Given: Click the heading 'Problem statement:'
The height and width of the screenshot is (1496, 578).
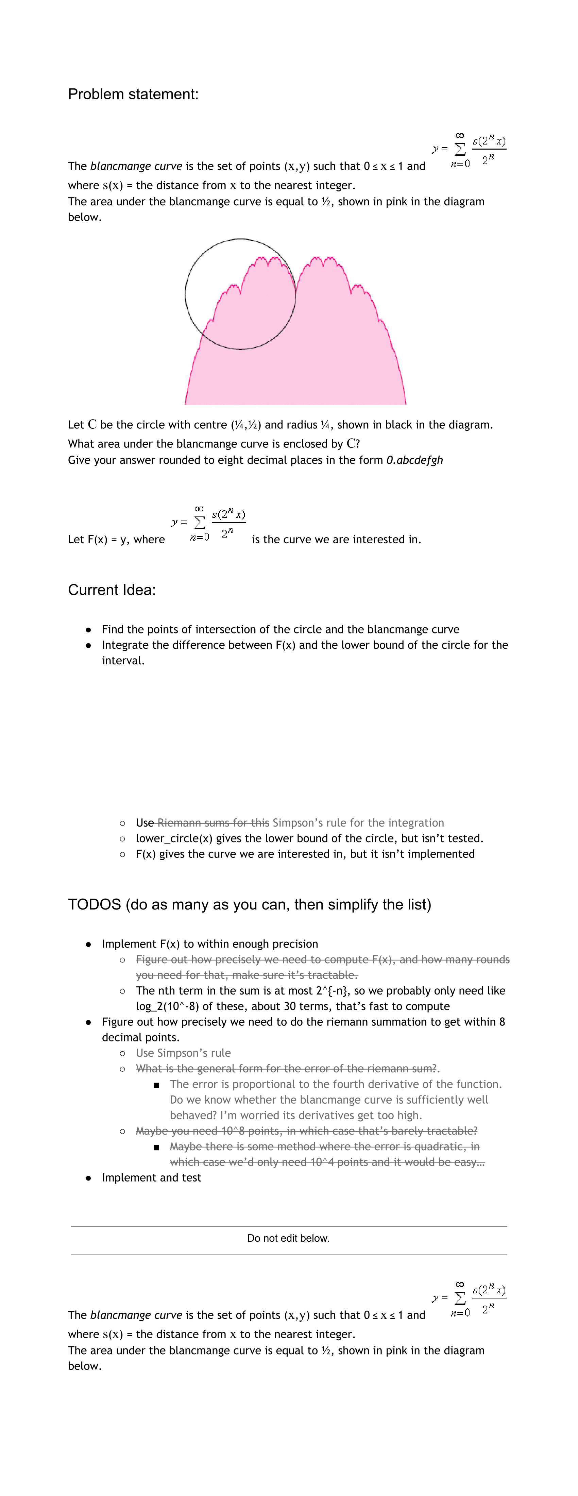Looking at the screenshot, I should [133, 94].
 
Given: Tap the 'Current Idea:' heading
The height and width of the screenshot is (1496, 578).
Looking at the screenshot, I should [112, 590].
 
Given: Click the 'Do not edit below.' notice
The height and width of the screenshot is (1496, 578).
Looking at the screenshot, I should [288, 1238].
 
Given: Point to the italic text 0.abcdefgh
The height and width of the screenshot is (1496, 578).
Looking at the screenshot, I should [414, 460].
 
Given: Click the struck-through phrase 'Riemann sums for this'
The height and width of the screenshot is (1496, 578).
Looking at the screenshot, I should [213, 823].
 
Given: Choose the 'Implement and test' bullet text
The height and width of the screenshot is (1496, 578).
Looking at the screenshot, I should [151, 1178].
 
